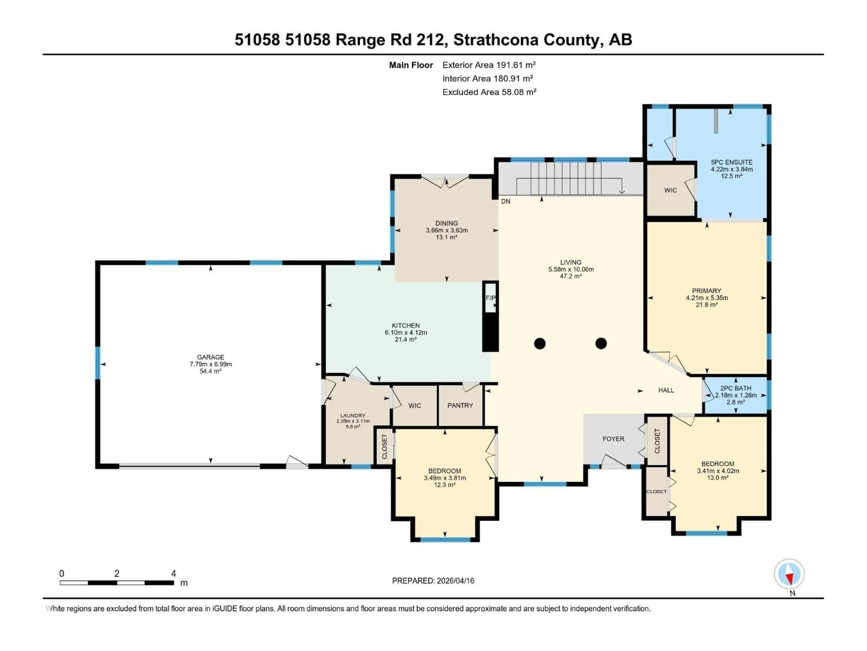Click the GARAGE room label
click(210, 357)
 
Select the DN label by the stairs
click(506, 201)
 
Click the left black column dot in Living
click(540, 343)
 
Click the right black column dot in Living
click(601, 343)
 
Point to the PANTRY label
click(460, 405)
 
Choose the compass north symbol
click(789, 574)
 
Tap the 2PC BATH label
click(736, 388)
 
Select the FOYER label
click(613, 439)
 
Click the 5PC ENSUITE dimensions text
click(731, 169)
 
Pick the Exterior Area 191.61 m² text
click(489, 65)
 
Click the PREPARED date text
click(433, 581)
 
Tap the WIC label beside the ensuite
click(670, 190)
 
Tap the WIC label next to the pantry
click(414, 405)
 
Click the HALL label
click(666, 390)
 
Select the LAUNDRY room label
click(353, 415)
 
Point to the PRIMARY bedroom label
click(706, 291)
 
